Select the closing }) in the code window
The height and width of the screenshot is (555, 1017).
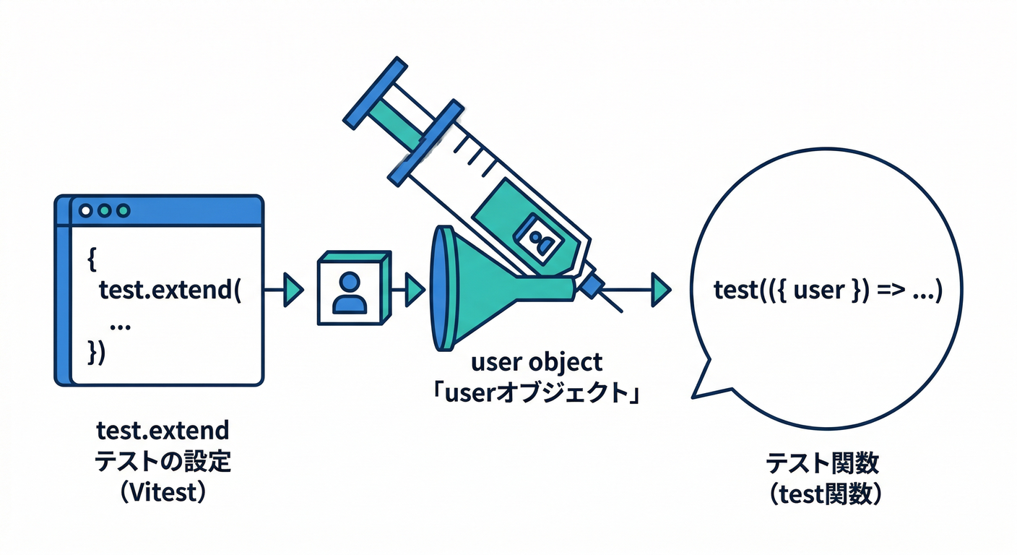point(97,353)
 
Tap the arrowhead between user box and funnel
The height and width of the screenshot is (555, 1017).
point(414,290)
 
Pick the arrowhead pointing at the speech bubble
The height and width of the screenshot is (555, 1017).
point(660,289)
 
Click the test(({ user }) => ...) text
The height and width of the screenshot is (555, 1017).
point(827,291)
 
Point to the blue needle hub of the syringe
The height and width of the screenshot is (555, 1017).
point(590,286)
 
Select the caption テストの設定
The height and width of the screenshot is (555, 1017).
point(163,461)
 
